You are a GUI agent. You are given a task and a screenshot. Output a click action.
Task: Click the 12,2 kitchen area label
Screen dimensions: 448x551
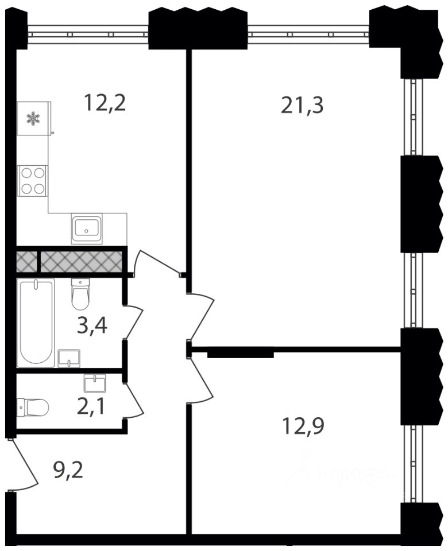pos(105,103)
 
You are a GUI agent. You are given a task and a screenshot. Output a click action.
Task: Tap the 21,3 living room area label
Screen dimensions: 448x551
pos(302,106)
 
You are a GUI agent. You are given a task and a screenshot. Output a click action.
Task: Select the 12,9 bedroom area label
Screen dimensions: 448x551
pos(303,426)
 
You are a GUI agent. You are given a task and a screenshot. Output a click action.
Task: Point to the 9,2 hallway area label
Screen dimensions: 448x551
pos(68,471)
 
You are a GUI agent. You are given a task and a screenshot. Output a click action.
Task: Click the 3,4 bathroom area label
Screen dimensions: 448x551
pos(92,326)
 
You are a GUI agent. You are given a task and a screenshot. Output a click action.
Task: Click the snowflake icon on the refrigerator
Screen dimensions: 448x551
pos(33,118)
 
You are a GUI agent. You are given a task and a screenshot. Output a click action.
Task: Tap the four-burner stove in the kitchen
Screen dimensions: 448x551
pos(33,181)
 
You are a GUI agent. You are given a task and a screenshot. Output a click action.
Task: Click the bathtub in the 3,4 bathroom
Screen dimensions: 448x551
pos(36,323)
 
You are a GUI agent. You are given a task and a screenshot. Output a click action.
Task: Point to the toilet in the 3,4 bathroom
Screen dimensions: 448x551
pos(80,294)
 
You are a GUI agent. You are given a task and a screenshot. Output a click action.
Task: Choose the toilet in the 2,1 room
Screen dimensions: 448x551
pos(33,408)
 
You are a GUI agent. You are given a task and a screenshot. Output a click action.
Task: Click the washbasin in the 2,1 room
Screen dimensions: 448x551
pos(95,382)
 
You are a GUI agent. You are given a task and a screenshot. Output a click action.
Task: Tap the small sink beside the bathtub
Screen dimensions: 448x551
pos(69,358)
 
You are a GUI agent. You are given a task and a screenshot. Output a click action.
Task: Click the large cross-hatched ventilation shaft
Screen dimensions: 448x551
pos(81,261)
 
